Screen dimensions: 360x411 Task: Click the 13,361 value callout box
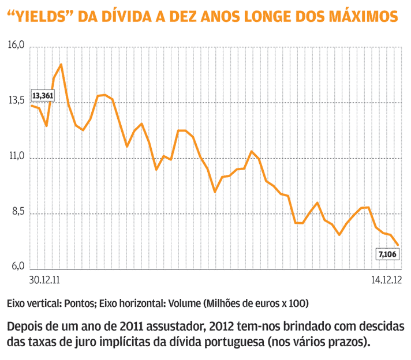(43, 95)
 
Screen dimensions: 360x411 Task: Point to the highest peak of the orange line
(61, 64)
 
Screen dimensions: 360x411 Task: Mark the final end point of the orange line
(398, 245)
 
